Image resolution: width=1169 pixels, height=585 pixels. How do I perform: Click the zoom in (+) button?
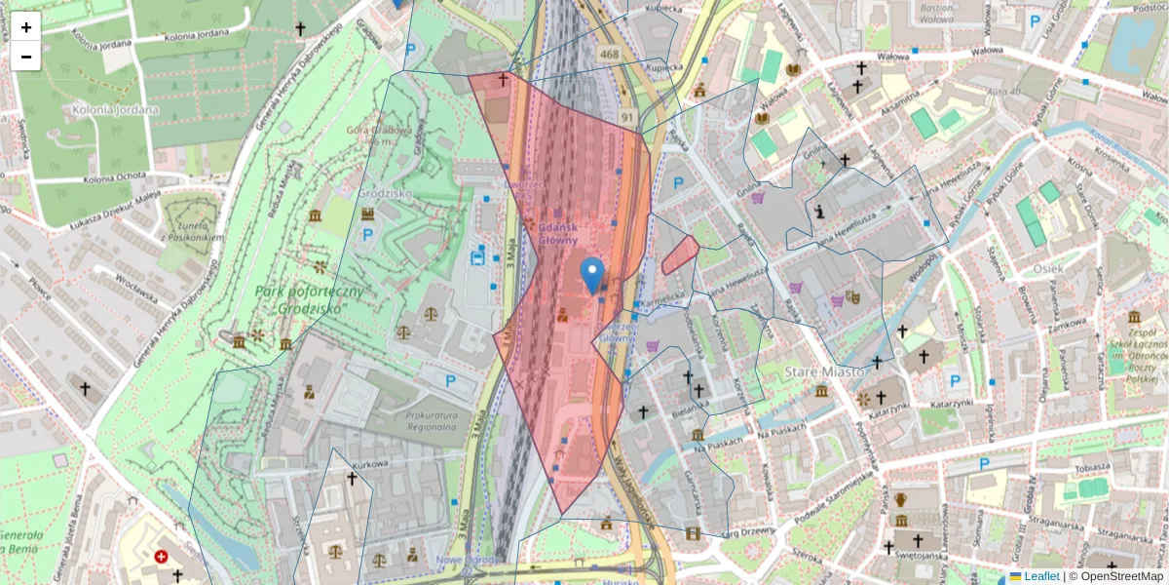pos(26,27)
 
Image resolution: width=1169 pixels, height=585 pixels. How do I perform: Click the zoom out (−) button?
pos(26,57)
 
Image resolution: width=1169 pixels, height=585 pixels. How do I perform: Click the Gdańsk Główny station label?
pos(557,233)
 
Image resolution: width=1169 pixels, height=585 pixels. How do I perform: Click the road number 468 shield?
pos(610,54)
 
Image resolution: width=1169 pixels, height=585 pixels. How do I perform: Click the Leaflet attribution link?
pos(1040,576)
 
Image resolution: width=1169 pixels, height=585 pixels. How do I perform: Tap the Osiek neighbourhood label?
pos(1049,268)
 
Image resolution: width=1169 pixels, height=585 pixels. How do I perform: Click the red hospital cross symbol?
pos(161,558)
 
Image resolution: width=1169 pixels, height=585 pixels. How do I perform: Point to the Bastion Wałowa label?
pos(936,12)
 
